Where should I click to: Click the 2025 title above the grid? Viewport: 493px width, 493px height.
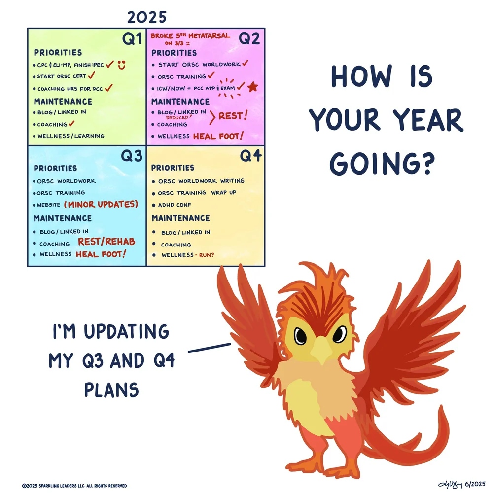[x=147, y=17]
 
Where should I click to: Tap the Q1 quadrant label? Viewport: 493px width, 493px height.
[x=132, y=39]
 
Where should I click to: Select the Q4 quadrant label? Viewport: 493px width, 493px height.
[x=251, y=156]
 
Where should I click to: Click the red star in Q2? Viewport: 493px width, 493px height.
[x=253, y=87]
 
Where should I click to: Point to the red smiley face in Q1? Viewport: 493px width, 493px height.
[x=121, y=65]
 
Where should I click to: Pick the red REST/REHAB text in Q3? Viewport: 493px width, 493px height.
[x=106, y=242]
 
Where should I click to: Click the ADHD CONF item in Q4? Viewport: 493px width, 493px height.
[x=175, y=205]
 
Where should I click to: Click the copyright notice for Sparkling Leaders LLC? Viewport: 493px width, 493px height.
[x=74, y=486]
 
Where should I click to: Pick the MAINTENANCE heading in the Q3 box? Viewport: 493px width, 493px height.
[x=63, y=218]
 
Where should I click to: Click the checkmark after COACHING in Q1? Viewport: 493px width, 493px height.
[x=72, y=124]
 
